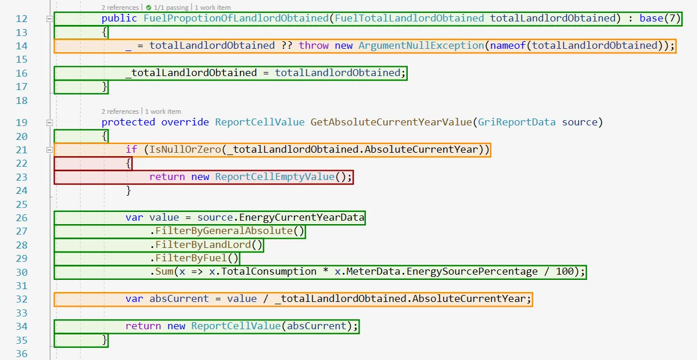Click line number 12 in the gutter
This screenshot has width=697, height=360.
click(x=21, y=19)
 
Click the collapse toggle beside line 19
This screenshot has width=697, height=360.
click(x=49, y=123)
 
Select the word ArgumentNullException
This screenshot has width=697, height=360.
click(x=421, y=45)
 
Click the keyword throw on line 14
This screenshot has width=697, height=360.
click(x=314, y=45)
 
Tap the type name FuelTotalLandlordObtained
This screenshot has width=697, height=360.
click(x=409, y=18)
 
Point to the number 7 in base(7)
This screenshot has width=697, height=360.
click(x=672, y=18)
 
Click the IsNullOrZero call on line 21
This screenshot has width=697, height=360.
click(x=185, y=149)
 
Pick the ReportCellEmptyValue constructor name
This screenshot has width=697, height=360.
click(x=275, y=177)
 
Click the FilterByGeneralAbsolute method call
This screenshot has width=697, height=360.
click(x=224, y=231)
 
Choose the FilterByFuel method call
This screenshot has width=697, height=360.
click(x=191, y=258)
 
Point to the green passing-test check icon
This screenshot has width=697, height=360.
click(x=149, y=8)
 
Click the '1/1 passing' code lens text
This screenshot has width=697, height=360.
click(x=171, y=8)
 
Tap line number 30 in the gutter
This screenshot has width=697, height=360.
click(x=21, y=272)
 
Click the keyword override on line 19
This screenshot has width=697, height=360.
click(x=185, y=122)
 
